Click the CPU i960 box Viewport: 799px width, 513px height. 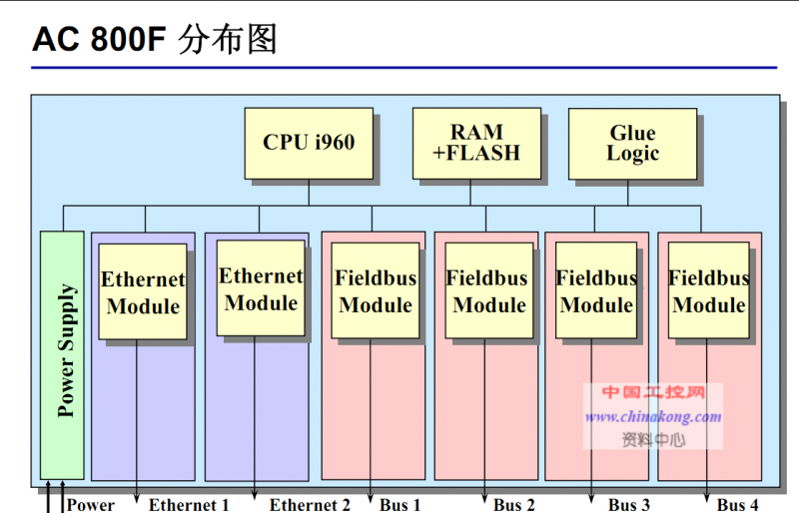click(x=309, y=143)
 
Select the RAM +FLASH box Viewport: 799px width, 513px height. click(x=476, y=143)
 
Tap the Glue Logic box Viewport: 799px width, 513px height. click(x=632, y=143)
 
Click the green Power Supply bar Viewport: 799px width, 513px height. click(x=62, y=354)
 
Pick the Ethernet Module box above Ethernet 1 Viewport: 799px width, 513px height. click(x=143, y=291)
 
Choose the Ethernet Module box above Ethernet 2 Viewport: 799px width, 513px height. click(x=261, y=288)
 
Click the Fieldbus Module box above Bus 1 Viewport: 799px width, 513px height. click(x=376, y=291)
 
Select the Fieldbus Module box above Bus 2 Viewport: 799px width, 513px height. click(x=487, y=291)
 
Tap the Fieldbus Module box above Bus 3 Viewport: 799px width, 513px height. click(x=596, y=291)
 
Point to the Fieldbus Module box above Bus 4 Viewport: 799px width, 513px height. click(x=708, y=291)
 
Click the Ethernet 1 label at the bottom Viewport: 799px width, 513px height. click(x=190, y=505)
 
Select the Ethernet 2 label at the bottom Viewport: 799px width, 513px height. click(x=310, y=505)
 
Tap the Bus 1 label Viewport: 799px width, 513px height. click(x=400, y=505)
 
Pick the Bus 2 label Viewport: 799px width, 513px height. click(x=514, y=505)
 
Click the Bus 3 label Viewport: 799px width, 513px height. click(x=629, y=505)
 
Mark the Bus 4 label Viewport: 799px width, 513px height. click(x=738, y=505)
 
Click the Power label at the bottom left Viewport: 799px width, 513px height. click(x=91, y=505)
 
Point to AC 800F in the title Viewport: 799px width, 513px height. click(x=100, y=40)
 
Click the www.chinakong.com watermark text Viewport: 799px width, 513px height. click(x=653, y=417)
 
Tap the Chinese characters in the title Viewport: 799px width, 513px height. click(x=228, y=39)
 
